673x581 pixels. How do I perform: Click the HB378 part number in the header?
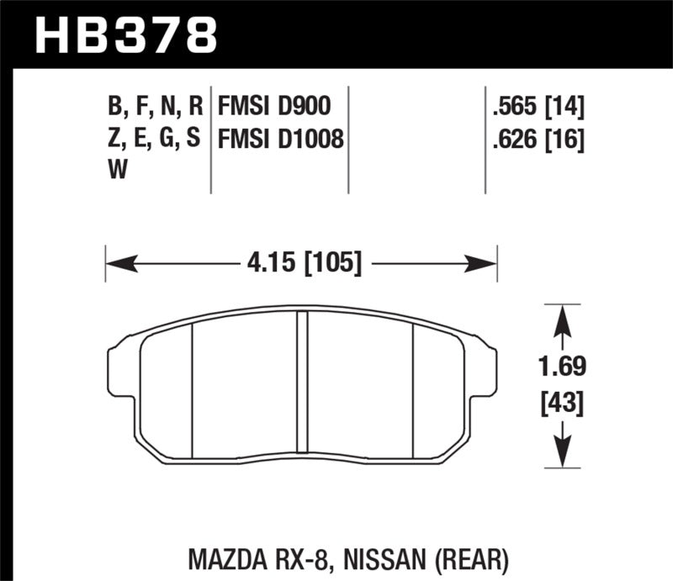coord(125,34)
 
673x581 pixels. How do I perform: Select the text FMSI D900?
coord(273,107)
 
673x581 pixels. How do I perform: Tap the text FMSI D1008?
coord(281,138)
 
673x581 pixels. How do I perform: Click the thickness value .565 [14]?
coord(536,107)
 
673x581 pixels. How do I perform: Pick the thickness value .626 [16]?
coord(536,138)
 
